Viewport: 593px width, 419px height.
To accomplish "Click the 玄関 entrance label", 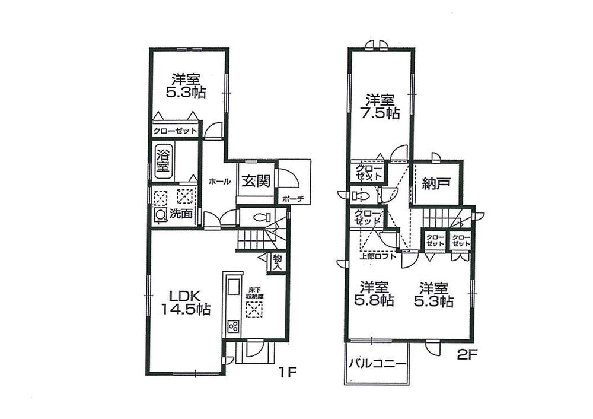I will click(256, 180).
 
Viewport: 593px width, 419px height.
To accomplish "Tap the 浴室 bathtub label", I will click(162, 160).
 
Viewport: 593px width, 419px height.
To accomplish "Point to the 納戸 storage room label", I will click(436, 184).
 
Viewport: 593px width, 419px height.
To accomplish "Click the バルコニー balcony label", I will click(377, 363).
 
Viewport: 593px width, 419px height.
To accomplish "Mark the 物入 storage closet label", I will click(277, 262).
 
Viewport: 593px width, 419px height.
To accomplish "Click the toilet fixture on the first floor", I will click(262, 217).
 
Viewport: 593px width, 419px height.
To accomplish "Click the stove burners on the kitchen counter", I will click(232, 325).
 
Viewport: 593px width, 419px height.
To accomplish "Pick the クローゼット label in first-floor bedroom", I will click(175, 131).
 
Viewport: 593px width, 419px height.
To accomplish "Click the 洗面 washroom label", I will click(180, 215).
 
